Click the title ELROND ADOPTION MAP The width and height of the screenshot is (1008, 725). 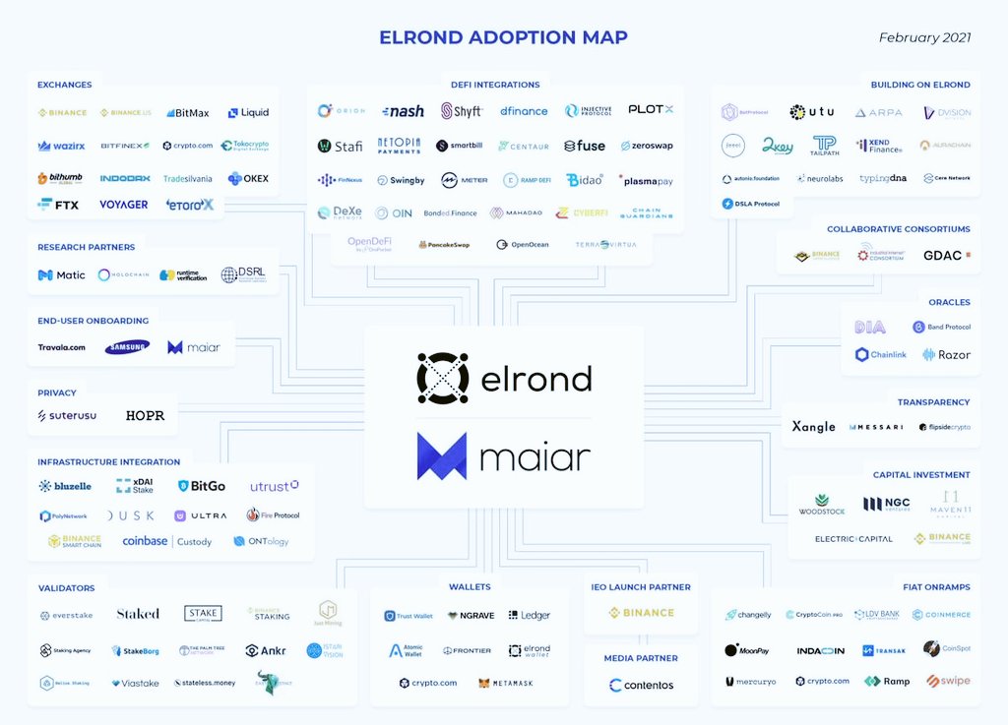503,37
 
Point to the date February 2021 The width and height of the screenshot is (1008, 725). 924,37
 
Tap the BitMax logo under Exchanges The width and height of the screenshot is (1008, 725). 187,113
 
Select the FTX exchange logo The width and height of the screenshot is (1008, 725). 58,205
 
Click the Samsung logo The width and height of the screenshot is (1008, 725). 128,347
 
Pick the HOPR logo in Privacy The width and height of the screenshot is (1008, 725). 145,416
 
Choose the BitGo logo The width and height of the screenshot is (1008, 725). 202,486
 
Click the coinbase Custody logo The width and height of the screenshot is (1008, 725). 166,541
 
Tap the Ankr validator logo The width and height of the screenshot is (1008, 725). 266,650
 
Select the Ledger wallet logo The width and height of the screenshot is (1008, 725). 529,615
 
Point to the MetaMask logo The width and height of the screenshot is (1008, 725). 506,683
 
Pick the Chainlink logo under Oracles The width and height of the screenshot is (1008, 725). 880,354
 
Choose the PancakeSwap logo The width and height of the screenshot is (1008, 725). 443,244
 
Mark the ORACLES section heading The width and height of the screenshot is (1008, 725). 949,302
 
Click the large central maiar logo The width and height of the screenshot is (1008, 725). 503,456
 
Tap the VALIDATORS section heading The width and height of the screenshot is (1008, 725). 66,588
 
